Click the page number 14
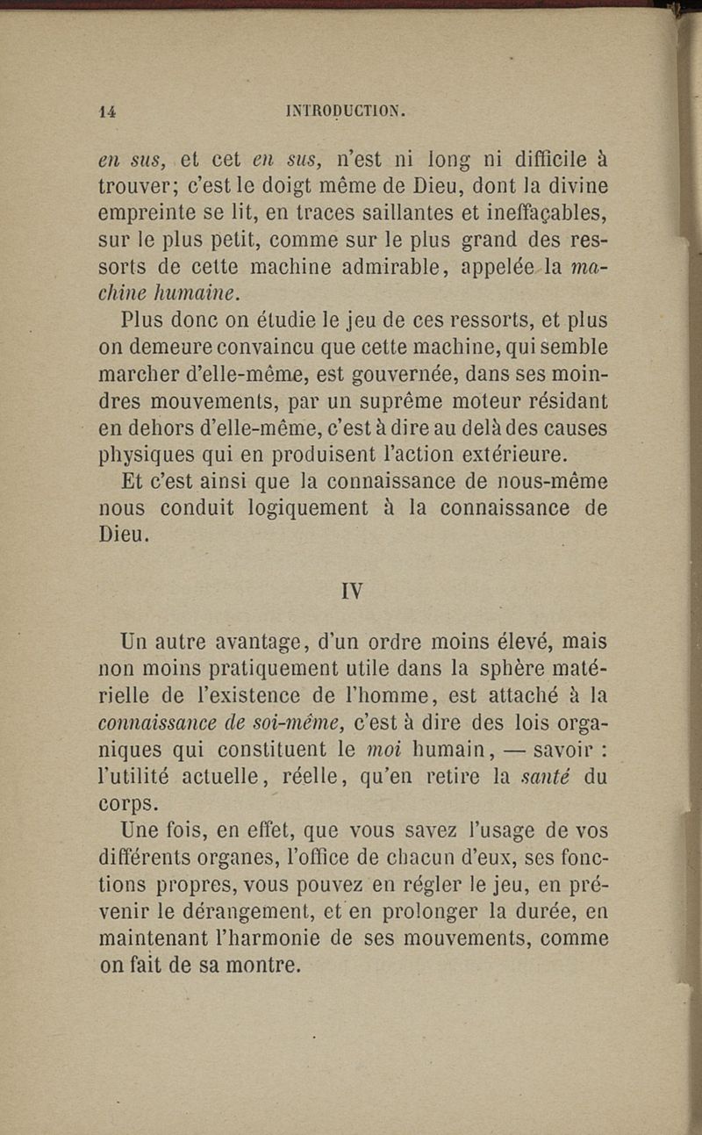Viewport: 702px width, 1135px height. pyautogui.click(x=108, y=111)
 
